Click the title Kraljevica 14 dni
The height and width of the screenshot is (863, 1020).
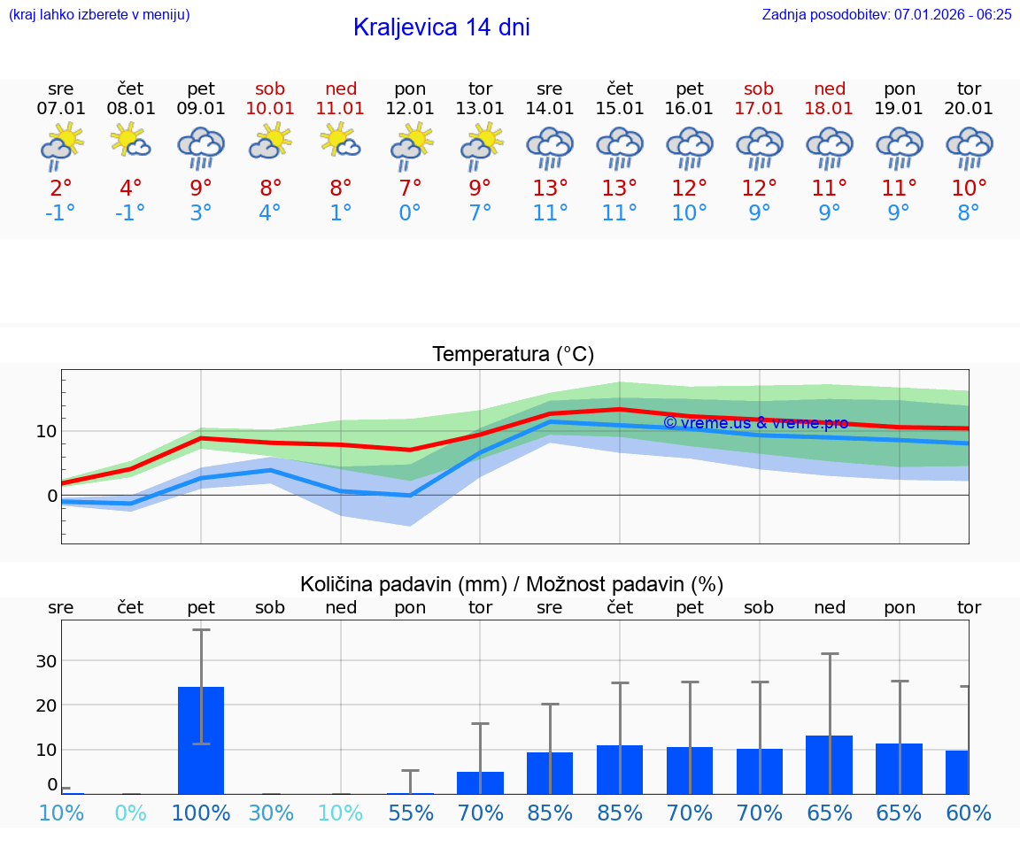[x=441, y=27]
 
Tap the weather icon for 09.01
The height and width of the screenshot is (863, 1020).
[x=201, y=147]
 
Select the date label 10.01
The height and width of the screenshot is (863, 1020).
[x=270, y=109]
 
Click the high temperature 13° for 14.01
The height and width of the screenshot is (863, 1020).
[x=550, y=189]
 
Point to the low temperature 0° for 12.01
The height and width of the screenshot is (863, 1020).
[x=410, y=213]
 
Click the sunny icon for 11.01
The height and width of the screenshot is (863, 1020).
[x=340, y=142]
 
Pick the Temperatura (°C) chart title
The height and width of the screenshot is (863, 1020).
[x=513, y=355]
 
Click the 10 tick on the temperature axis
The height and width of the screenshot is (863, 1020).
[x=46, y=431]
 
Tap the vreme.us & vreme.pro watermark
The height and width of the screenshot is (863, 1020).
[x=756, y=423]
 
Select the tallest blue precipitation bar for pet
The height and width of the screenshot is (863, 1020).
[x=201, y=740]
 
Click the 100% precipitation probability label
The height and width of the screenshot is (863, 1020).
[x=201, y=813]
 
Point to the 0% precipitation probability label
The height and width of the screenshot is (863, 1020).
[x=130, y=813]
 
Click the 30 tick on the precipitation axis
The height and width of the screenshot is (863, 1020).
[x=46, y=661]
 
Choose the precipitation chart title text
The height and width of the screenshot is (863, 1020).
[x=512, y=584]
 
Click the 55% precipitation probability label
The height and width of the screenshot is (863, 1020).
[x=410, y=813]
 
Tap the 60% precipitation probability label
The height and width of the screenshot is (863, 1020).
[x=969, y=813]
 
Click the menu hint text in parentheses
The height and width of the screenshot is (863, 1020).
[x=99, y=14]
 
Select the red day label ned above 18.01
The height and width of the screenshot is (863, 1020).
[x=829, y=89]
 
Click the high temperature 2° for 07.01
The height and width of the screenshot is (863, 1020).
[x=60, y=189]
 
